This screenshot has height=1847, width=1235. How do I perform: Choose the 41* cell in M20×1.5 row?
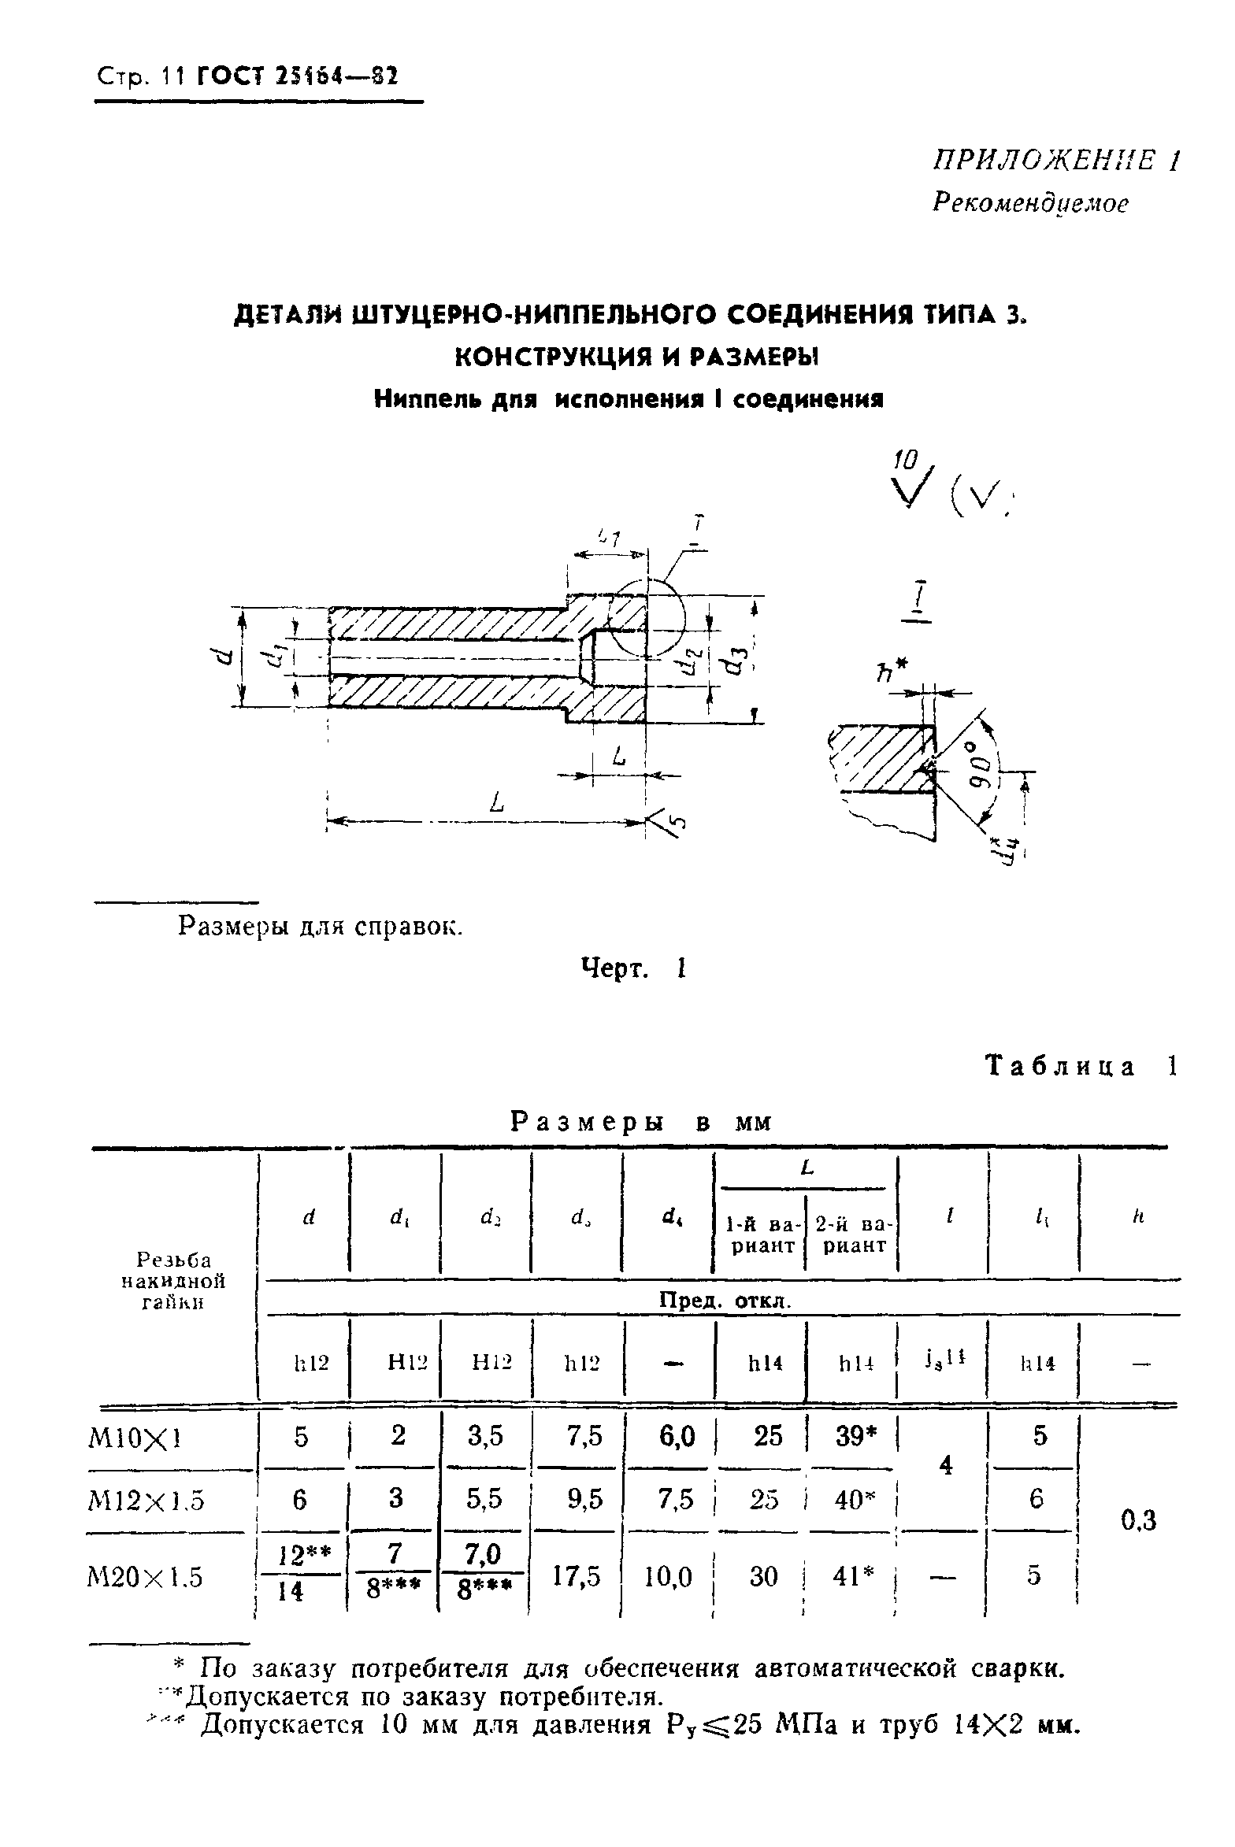[851, 1575]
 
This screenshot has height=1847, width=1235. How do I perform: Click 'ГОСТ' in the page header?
[229, 77]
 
